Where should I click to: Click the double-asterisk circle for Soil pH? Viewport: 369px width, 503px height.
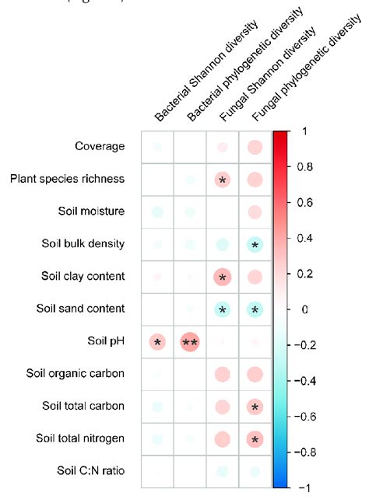[190, 341]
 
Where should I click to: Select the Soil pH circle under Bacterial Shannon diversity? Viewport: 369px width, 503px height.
[157, 341]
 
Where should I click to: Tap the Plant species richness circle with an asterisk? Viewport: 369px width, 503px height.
[223, 180]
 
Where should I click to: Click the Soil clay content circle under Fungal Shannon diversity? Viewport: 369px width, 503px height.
[223, 276]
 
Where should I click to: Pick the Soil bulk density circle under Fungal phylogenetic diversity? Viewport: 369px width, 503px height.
[255, 244]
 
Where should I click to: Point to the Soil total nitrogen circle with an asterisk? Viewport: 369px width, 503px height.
[255, 439]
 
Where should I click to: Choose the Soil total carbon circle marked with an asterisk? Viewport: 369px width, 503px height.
[255, 407]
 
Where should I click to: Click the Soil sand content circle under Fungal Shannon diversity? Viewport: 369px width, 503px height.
[223, 309]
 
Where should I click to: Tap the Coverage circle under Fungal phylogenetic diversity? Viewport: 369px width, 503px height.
[255, 147]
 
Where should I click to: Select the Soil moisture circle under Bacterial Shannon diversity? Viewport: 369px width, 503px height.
[157, 211]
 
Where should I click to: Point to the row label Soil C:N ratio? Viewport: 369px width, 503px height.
[91, 471]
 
